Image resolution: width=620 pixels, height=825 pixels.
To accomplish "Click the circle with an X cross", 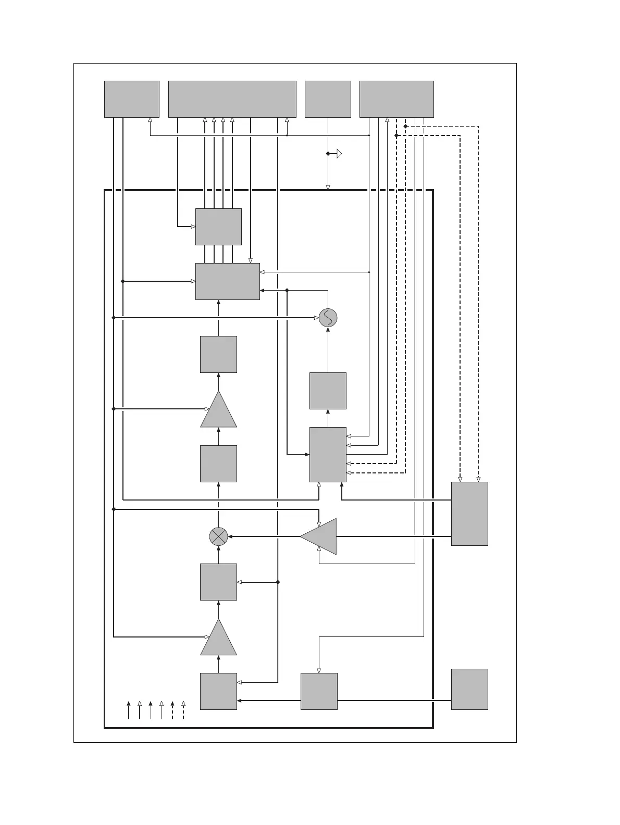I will (x=218, y=536).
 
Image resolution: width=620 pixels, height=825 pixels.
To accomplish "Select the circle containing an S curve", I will (x=328, y=318).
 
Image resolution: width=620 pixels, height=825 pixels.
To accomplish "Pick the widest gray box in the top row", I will (x=232, y=99).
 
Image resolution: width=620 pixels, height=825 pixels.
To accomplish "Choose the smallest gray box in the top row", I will (x=328, y=99).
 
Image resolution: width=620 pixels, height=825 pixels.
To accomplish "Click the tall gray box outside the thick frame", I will (x=469, y=514).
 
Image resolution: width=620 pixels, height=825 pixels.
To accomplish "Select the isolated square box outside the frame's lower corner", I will (x=469, y=689).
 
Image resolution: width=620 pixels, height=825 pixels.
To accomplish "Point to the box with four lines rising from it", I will (x=218, y=227).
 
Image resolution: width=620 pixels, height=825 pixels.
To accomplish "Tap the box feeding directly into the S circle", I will (x=328, y=391).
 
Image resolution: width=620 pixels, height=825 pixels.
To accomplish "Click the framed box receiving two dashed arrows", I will (x=328, y=455).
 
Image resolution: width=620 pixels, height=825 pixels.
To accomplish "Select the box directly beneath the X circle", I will (x=218, y=582).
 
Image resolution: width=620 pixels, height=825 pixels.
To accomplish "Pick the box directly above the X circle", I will (x=218, y=464).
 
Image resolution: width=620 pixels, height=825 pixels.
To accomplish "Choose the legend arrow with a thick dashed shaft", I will (x=172, y=710).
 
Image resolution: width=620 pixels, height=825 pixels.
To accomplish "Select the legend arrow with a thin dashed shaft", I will (x=183, y=710).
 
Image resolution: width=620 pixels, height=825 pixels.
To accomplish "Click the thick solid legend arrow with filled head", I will (x=129, y=710).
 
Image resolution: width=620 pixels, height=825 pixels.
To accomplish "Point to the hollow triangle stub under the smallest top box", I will (x=339, y=154).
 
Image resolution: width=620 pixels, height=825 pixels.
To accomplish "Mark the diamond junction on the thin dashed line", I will (x=405, y=126).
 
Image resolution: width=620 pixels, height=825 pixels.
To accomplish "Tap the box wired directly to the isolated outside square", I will (x=319, y=691).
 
